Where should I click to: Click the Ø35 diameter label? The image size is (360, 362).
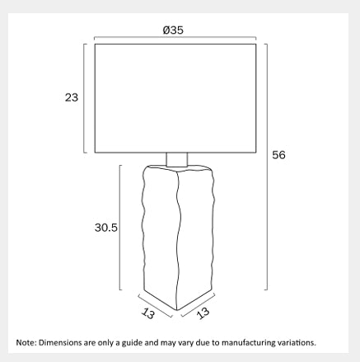pyautogui.click(x=173, y=30)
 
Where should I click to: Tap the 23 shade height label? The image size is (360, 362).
pyautogui.click(x=72, y=97)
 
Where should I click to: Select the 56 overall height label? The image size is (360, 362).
pyautogui.click(x=278, y=155)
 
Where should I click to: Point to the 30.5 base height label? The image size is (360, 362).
pyautogui.click(x=106, y=228)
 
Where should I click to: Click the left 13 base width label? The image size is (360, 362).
pyautogui.click(x=148, y=313)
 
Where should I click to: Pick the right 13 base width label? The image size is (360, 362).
pyautogui.click(x=203, y=313)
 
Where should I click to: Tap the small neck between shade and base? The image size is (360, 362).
pyautogui.click(x=177, y=159)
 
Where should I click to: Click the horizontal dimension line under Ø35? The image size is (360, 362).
pyautogui.click(x=175, y=37)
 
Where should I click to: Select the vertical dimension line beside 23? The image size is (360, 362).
pyautogui.click(x=84, y=98)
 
